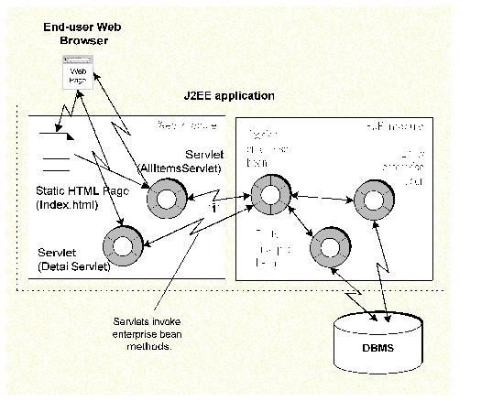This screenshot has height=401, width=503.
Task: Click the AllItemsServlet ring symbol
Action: point(169,195)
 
